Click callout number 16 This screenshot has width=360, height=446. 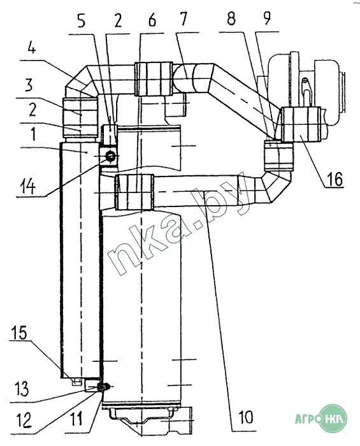click(x=335, y=180)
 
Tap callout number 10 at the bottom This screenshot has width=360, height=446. click(x=246, y=417)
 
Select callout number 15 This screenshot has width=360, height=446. click(x=19, y=333)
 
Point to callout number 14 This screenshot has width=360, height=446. click(x=27, y=187)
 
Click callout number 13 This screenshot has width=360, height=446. click(x=21, y=389)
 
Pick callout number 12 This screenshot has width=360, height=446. click(x=24, y=421)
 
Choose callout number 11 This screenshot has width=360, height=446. click(x=76, y=419)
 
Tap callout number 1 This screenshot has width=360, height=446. click(x=34, y=134)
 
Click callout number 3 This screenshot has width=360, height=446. click(x=29, y=85)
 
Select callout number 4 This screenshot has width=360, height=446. click(x=32, y=48)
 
